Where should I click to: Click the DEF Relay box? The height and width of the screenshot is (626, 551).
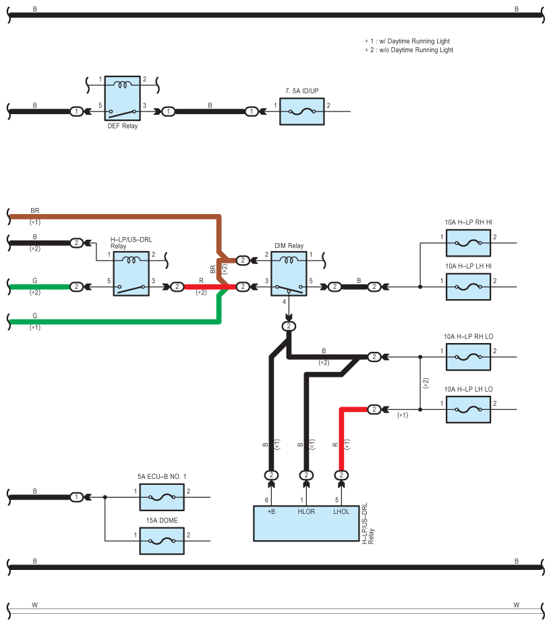point(122,98)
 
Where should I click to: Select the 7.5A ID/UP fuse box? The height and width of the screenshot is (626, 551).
point(302,111)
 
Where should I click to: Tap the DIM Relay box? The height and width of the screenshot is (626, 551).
point(289,273)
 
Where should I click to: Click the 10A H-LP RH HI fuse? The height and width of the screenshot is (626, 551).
point(468,242)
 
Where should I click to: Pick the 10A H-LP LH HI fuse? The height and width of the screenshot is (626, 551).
point(468,286)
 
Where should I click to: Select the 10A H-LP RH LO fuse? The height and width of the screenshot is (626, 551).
point(468,357)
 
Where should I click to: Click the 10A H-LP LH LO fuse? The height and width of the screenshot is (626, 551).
point(468,409)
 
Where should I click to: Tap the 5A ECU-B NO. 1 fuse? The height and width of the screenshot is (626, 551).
point(162,497)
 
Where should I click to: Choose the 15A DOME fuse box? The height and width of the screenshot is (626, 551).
point(162,541)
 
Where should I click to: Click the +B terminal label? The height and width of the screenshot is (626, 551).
point(271,511)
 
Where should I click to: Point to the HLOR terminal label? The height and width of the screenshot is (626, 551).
point(306,511)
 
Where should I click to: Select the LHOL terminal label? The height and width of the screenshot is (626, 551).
point(341,511)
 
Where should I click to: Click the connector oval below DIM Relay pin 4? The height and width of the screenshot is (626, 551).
point(289,326)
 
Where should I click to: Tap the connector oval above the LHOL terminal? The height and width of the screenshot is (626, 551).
point(341,475)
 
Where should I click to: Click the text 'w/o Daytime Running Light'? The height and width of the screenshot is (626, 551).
point(416,50)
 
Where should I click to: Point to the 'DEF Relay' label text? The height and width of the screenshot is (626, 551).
point(122,126)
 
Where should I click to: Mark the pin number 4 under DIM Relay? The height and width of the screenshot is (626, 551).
point(284,302)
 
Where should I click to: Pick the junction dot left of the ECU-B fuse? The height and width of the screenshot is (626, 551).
point(105,497)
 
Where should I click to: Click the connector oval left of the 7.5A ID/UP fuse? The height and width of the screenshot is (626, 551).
point(251,111)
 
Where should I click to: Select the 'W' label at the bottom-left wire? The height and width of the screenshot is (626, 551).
point(34,605)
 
